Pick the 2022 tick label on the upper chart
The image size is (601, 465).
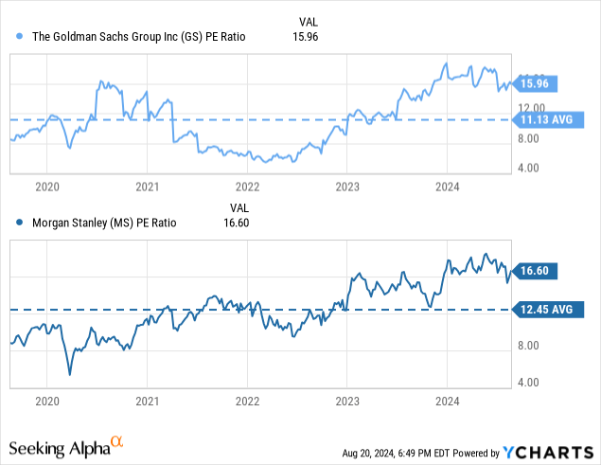[247, 188]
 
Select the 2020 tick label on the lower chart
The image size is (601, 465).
[46, 402]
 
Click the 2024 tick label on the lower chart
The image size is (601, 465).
[448, 402]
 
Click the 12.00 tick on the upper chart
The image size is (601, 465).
[528, 107]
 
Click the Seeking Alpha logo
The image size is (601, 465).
[66, 445]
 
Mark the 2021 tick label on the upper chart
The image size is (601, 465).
[147, 188]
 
